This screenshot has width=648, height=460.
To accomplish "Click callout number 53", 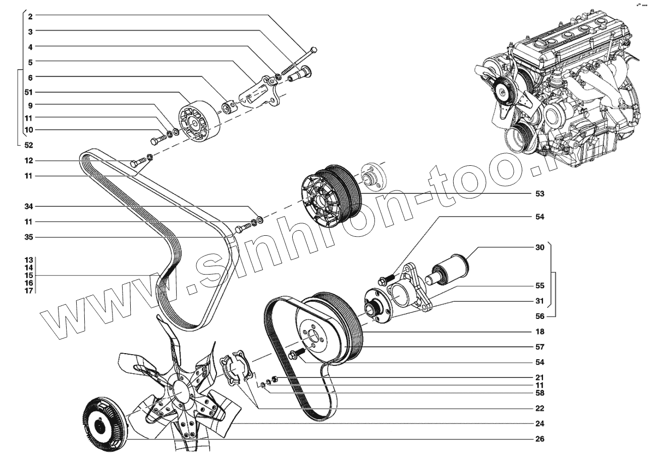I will pos(539,193).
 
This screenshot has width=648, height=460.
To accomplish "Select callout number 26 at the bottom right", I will pos(539,439).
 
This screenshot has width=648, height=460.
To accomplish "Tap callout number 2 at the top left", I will pos(30,16).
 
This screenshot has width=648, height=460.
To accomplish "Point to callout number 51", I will pos(29,92).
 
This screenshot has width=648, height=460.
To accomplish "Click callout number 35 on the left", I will pos(29,237).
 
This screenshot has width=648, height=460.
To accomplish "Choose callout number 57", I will pos(539,347).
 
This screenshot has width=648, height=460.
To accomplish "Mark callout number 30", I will pos(539,247).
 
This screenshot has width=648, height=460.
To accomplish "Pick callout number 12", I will pos(29,161).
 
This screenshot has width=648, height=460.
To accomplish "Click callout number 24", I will pos(539,423).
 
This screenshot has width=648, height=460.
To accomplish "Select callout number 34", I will pos(29,207).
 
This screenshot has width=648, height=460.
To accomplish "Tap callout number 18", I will pos(539,332).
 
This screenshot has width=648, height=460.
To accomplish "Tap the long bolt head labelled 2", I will pos(314,49).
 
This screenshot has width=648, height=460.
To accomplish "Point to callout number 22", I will pos(539,408).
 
